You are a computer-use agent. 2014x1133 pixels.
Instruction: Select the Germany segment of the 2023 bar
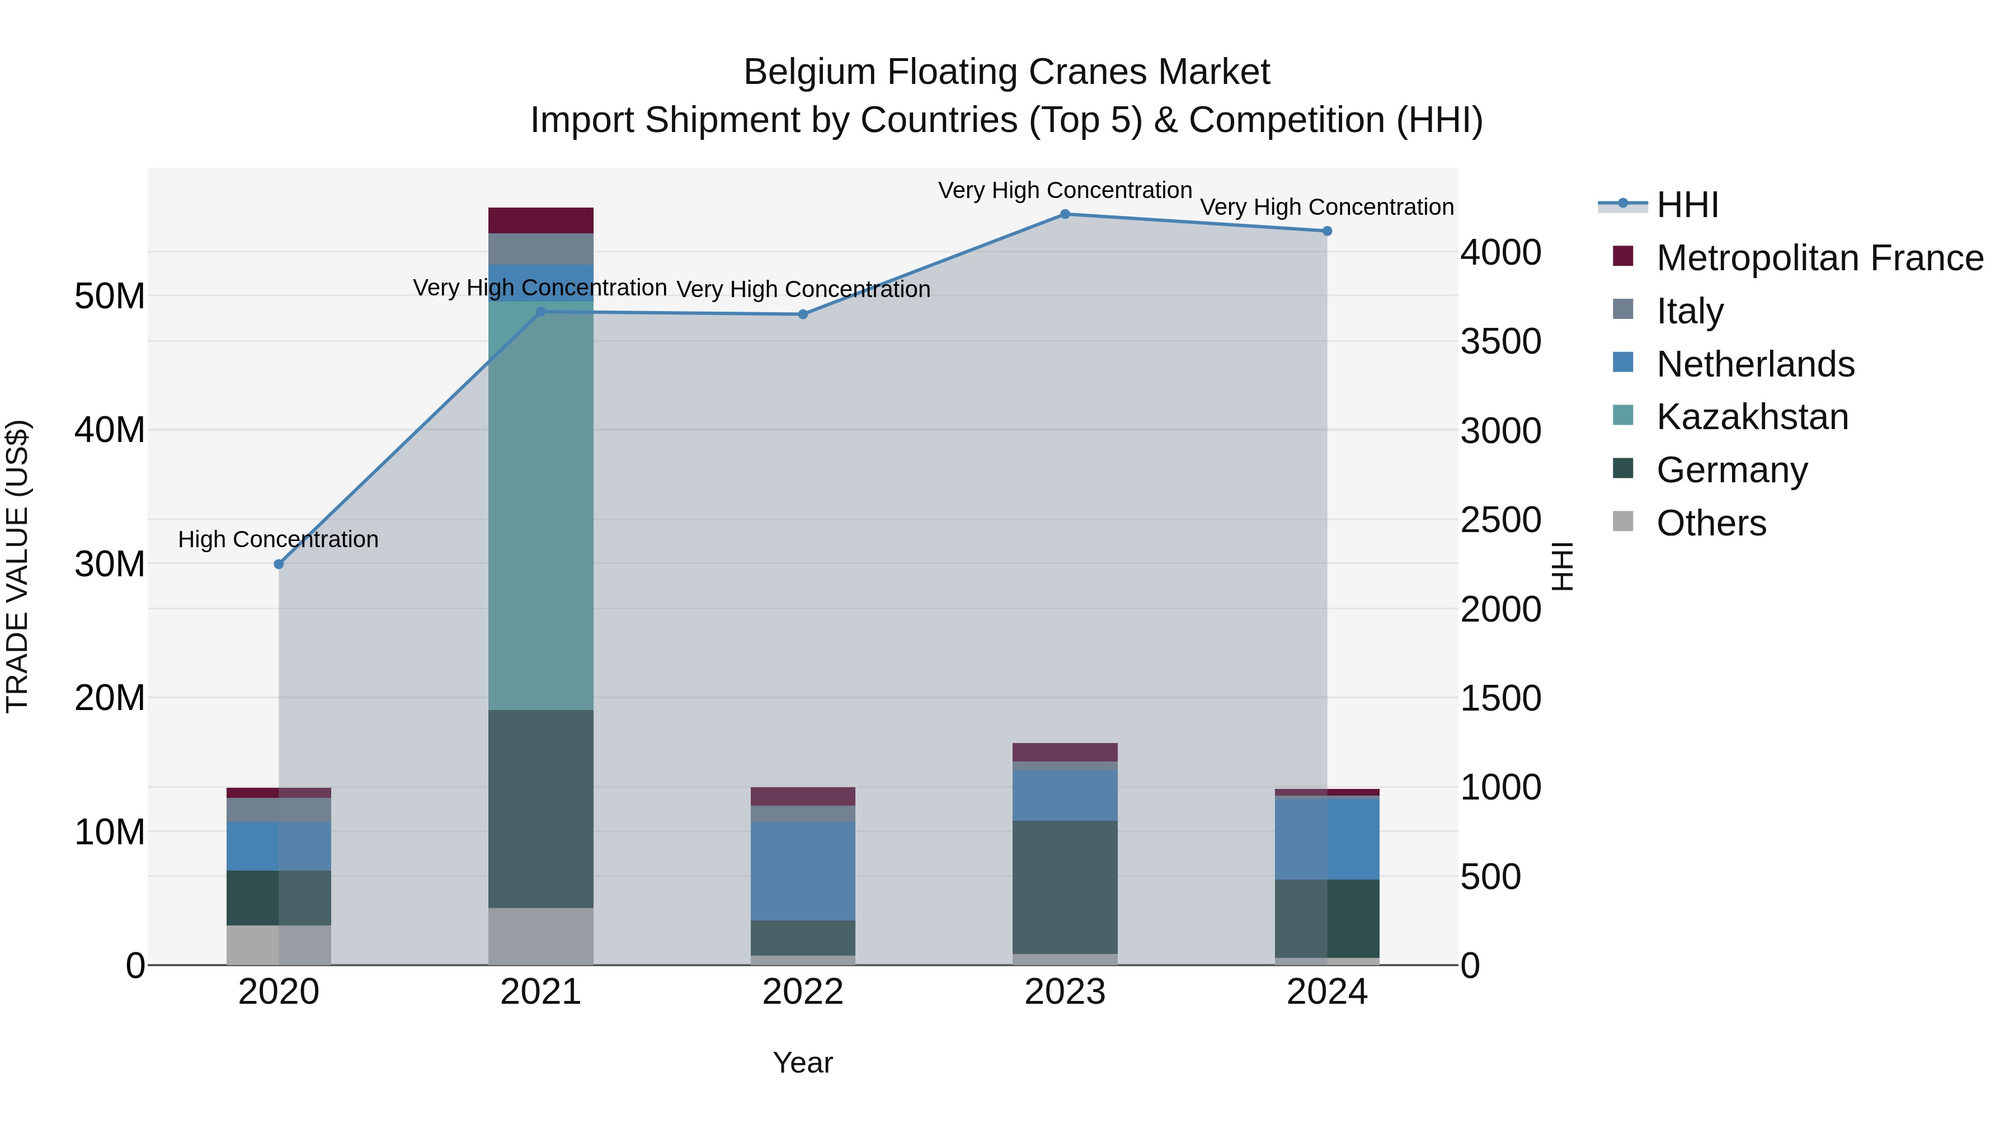tap(1065, 887)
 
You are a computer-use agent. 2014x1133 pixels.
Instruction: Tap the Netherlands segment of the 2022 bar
tap(803, 870)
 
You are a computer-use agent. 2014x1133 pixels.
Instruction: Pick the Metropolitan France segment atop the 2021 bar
tap(540, 220)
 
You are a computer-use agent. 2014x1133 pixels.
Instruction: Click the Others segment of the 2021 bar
tap(540, 936)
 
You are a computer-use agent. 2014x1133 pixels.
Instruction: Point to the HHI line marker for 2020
tap(279, 564)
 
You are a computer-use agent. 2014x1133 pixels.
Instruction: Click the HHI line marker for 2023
tap(1065, 214)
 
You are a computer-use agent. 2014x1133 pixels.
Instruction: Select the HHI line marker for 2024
tap(1327, 232)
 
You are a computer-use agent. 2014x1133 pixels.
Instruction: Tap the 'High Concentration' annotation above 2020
tap(279, 539)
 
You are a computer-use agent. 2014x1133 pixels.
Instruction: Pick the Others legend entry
tap(1711, 523)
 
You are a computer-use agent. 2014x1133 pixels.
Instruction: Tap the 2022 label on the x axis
tap(803, 992)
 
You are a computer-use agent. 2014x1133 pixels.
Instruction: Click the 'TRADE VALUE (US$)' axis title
tap(17, 566)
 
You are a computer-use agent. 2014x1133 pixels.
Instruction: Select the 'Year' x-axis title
tap(803, 1063)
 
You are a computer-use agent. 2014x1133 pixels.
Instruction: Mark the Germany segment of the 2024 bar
tap(1327, 918)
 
